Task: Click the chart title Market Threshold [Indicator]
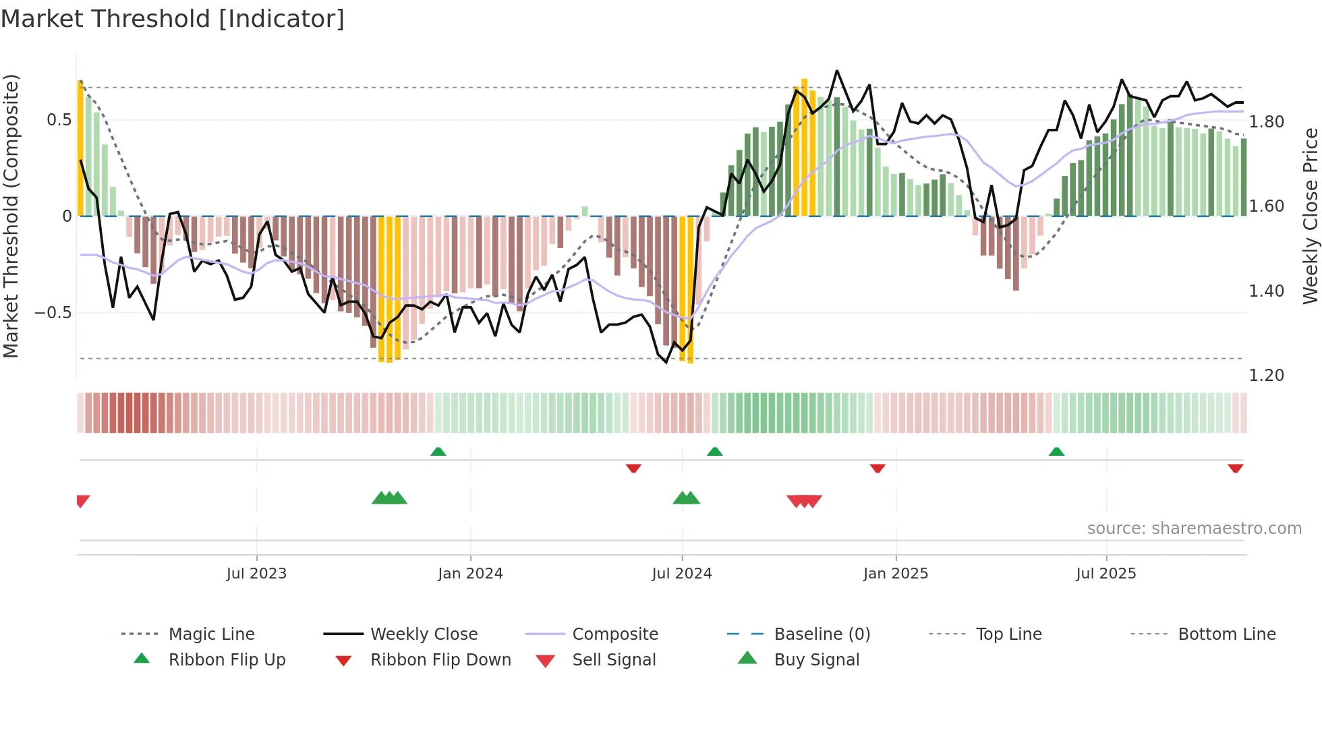[x=173, y=19]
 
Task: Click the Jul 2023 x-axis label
[x=256, y=574]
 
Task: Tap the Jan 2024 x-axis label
[x=470, y=574]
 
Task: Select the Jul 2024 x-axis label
[x=682, y=574]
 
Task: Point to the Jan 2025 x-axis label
[x=896, y=574]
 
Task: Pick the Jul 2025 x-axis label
[x=1106, y=574]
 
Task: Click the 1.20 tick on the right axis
[x=1266, y=376]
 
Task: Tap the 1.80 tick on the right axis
[x=1266, y=122]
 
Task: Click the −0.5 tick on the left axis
[x=53, y=313]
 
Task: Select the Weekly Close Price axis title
[x=1310, y=216]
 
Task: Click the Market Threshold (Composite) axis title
[x=11, y=216]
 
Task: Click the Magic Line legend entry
[x=211, y=634]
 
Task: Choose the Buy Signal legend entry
[x=816, y=660]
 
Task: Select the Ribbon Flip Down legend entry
[x=440, y=660]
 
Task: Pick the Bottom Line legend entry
[x=1226, y=634]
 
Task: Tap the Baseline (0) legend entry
[x=822, y=634]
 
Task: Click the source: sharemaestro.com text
[x=1194, y=529]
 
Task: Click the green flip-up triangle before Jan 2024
[x=438, y=452]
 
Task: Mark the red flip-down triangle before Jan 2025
[x=878, y=468]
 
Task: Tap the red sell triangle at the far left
[x=82, y=500]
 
